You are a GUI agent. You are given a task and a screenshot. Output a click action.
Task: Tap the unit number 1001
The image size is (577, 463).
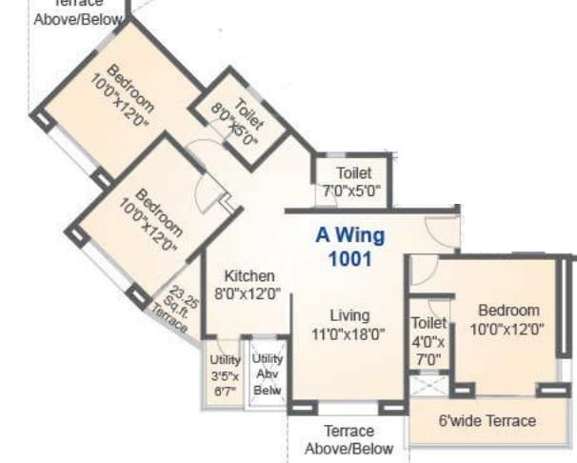349,257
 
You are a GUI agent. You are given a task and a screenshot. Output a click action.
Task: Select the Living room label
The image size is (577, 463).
349,315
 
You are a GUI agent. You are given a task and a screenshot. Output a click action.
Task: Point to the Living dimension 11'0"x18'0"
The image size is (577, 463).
349,334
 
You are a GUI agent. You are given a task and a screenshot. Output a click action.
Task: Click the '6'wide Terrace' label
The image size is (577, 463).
487,420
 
